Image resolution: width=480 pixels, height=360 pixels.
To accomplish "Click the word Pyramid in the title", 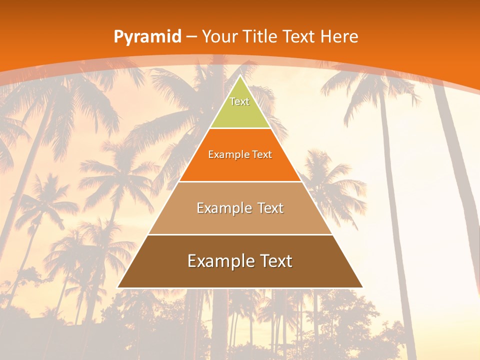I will click(147, 37).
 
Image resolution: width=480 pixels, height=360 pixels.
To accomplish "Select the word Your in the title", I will click(220, 37).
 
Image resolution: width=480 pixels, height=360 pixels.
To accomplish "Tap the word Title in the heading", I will click(260, 37).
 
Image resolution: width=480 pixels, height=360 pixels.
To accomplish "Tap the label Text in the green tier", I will click(239, 101).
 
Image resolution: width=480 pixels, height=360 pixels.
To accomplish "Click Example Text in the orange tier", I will click(240, 154).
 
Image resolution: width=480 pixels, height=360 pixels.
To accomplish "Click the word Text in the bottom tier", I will click(274, 261).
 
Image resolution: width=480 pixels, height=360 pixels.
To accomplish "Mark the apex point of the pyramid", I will click(240, 76).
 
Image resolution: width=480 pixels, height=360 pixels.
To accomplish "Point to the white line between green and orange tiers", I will click(240, 128).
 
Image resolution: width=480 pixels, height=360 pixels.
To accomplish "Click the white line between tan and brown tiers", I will click(240, 234).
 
